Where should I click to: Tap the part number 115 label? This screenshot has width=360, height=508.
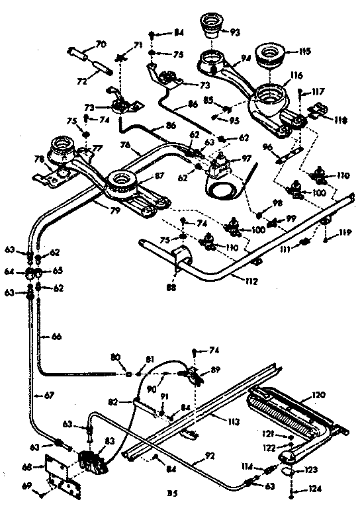coord(304,50)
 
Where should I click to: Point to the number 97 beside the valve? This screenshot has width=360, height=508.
coord(247,159)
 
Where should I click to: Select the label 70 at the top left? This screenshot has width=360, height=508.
coord(101,44)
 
